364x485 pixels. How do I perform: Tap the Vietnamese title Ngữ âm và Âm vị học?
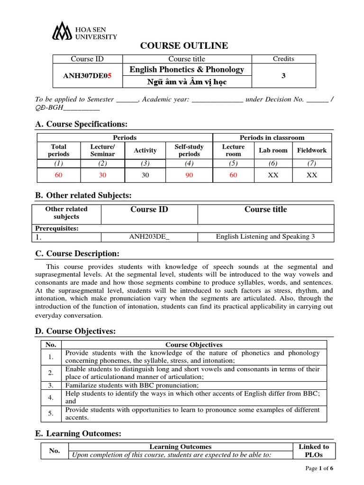pos(187,82)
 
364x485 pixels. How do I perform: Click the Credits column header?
pos(283,59)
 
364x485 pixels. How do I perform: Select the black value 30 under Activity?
pos(145,175)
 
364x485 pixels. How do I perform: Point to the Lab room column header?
pos(273,151)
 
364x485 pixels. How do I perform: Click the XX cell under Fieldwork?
pos(311,175)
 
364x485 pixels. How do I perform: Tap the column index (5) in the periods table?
pos(233,163)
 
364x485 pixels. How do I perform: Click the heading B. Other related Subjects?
pos(83,196)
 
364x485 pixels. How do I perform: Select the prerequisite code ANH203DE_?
pos(149,237)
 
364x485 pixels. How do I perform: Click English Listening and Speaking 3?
pos(265,237)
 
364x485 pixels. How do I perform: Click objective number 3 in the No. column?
pos(50,385)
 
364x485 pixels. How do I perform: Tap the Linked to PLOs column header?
pos(313,450)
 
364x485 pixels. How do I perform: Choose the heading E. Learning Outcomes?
pos(78,433)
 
